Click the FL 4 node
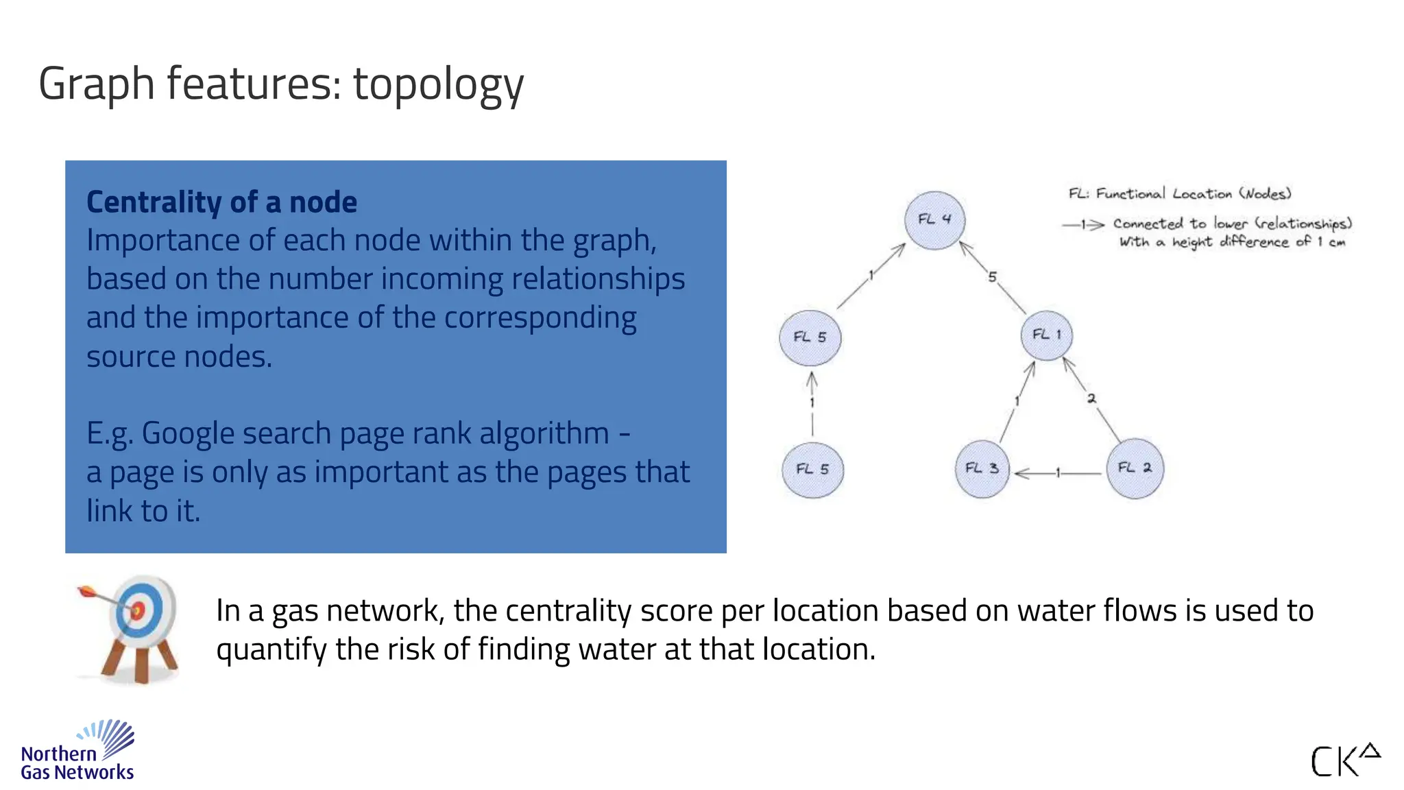934,219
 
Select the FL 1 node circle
1046,335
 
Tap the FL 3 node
982,469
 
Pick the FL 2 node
1135,468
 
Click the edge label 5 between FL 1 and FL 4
992,277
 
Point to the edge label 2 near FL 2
1091,398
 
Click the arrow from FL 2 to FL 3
1058,473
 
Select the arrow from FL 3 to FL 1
1017,401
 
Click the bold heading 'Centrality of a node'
221,202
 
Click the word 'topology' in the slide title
438,84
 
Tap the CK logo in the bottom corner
1344,760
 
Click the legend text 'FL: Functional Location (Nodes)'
1179,194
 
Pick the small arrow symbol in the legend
1083,224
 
